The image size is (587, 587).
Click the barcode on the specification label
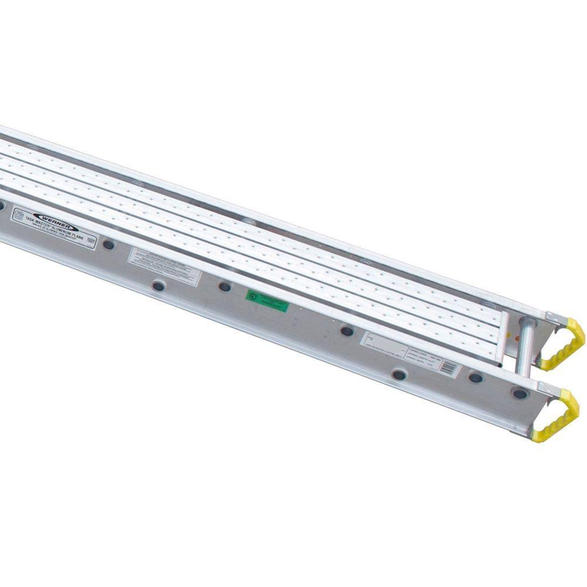[x=448, y=367]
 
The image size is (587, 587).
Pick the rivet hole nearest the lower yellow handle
[x=519, y=393]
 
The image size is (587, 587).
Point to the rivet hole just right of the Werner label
[x=109, y=244]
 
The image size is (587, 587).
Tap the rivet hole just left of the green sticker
[x=225, y=286]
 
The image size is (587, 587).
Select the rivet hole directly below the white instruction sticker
[x=158, y=286]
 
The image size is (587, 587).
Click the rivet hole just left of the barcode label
[x=348, y=331]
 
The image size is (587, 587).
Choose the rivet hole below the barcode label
[x=399, y=374]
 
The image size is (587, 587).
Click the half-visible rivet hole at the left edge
[x=2, y=205]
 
